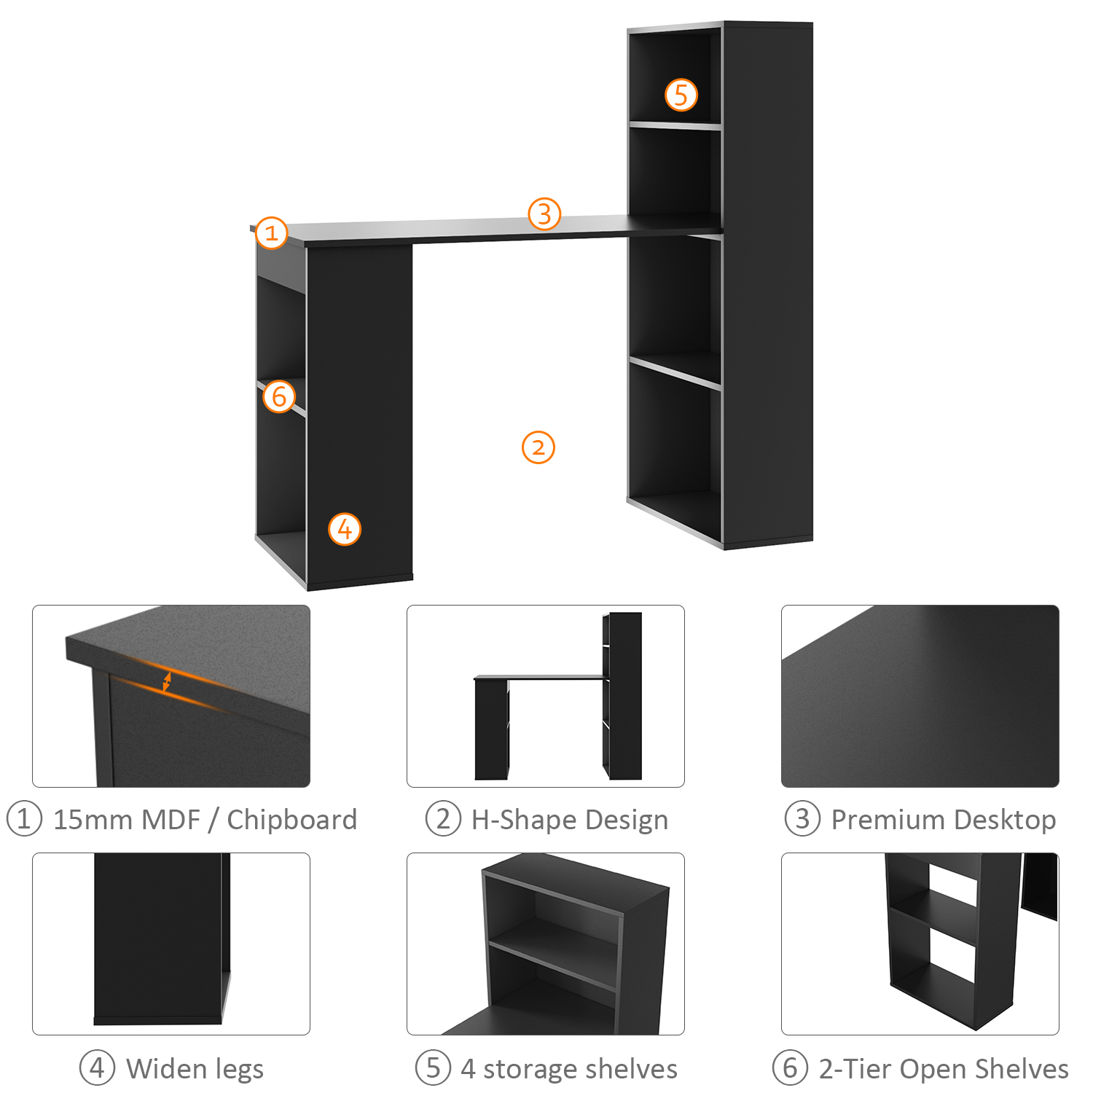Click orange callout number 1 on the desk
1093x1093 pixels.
272,232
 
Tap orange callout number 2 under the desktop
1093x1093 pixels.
538,447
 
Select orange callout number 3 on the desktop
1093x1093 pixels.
544,214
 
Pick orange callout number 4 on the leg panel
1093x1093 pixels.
345,529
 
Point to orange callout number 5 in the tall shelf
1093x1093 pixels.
681,95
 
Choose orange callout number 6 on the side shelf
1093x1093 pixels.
279,396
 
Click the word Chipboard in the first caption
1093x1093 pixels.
292,820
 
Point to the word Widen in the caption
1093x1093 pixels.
167,1069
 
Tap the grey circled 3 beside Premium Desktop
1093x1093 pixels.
802,819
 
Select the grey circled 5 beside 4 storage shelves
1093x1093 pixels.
434,1068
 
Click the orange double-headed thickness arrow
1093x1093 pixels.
167,682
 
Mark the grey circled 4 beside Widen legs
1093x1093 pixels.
97,1068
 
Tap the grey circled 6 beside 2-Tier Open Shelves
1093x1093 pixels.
791,1068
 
